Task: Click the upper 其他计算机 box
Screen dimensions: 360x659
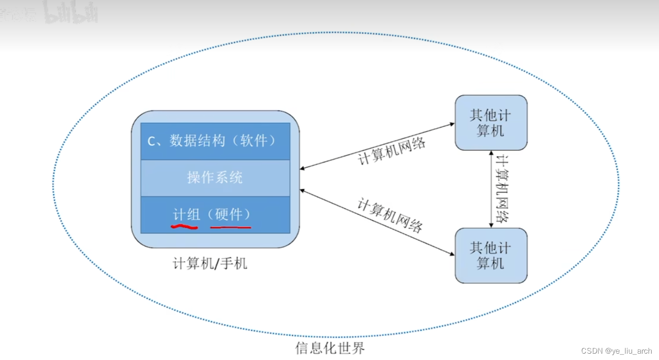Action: pyautogui.click(x=491, y=123)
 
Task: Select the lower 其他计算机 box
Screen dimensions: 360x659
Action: pyautogui.click(x=491, y=255)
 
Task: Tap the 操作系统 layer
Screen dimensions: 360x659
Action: pyautogui.click(x=215, y=177)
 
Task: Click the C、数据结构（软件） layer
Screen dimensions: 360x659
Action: pyautogui.click(x=215, y=141)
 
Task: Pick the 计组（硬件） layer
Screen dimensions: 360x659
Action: pyautogui.click(x=215, y=214)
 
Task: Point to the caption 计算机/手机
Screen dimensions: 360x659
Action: pyautogui.click(x=210, y=264)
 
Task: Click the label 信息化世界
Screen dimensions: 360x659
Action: pyautogui.click(x=330, y=348)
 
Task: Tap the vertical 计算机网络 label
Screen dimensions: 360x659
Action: pyautogui.click(x=502, y=189)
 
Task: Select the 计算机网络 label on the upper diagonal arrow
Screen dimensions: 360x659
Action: pyautogui.click(x=391, y=151)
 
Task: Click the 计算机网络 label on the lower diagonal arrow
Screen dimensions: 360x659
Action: pyautogui.click(x=390, y=215)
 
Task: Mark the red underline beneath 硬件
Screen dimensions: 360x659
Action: pyautogui.click(x=230, y=227)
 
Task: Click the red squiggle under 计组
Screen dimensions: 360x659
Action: pyautogui.click(x=184, y=227)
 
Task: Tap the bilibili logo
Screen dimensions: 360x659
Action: pyautogui.click(x=71, y=14)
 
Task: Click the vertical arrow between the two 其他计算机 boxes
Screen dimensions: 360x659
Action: pyautogui.click(x=491, y=189)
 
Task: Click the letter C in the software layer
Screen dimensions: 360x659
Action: pyautogui.click(x=152, y=141)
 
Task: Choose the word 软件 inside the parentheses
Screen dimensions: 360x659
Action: pyautogui.click(x=254, y=141)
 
